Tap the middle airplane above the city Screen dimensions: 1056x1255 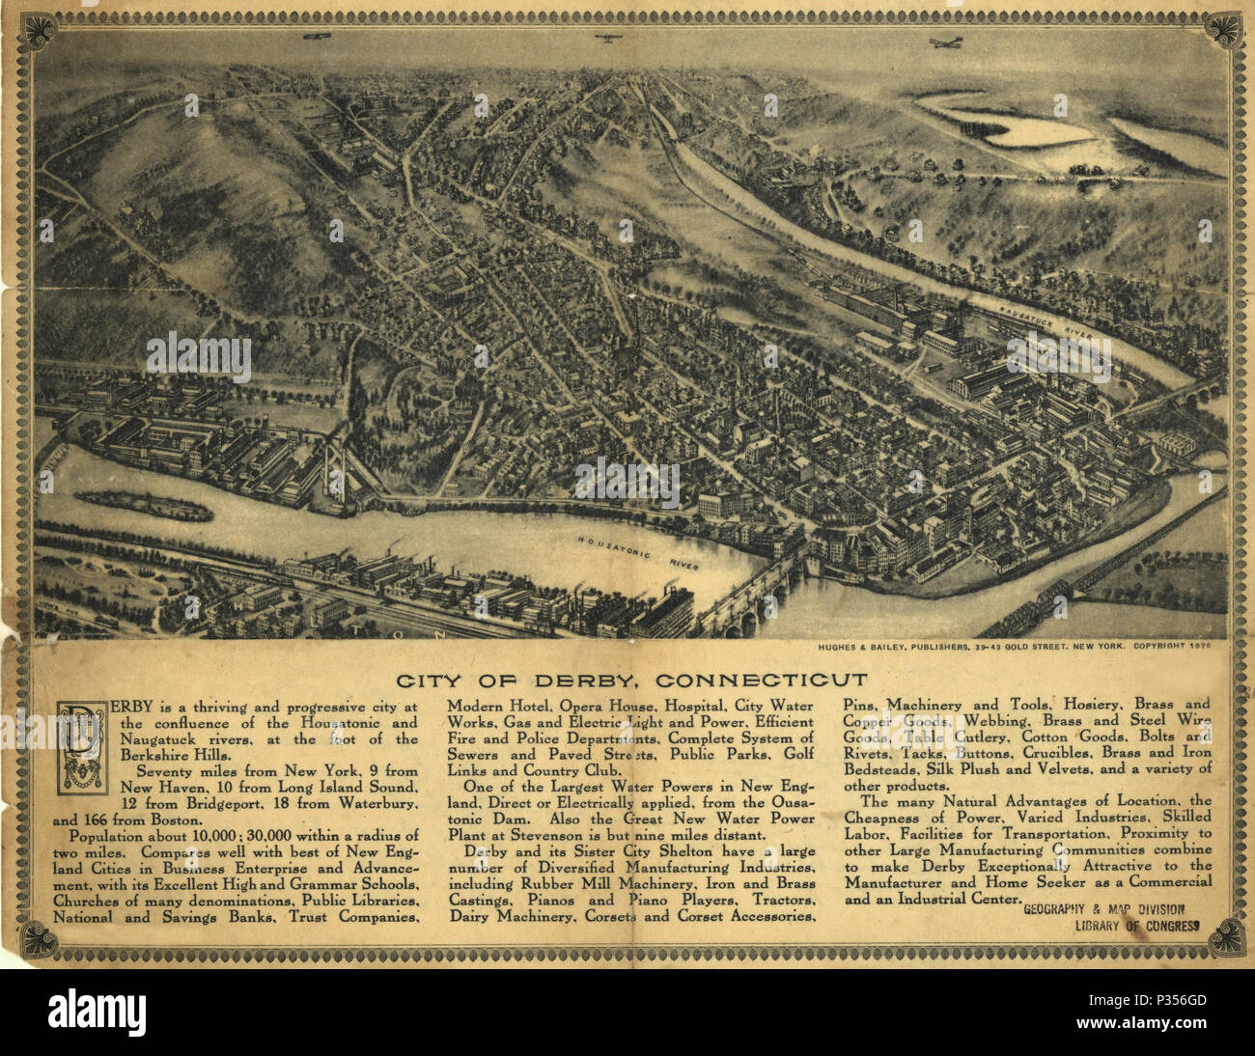point(607,39)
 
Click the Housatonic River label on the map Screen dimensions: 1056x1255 point(638,549)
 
